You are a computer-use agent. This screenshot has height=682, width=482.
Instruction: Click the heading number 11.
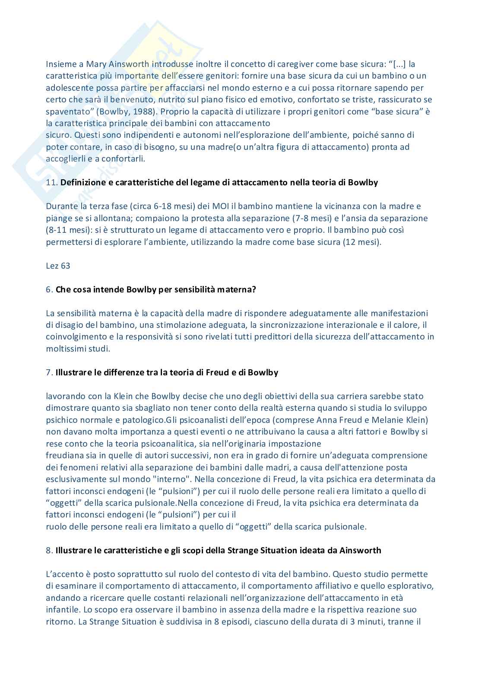pyautogui.click(x=52, y=183)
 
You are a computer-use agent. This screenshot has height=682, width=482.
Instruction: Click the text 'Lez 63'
pyautogui.click(x=58, y=266)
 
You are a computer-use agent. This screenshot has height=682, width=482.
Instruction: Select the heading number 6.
pyautogui.click(x=49, y=289)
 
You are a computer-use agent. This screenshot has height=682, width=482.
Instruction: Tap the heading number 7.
pyautogui.click(x=49, y=372)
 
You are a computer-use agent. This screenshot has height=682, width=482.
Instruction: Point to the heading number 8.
pyautogui.click(x=49, y=550)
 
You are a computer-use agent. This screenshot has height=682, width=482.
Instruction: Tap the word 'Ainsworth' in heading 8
pyautogui.click(x=360, y=550)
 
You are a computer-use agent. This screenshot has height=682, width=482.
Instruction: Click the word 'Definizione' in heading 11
pyautogui.click(x=82, y=183)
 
